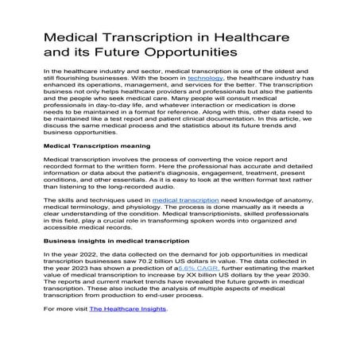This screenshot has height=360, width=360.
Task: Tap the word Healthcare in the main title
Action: pos(257,37)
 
